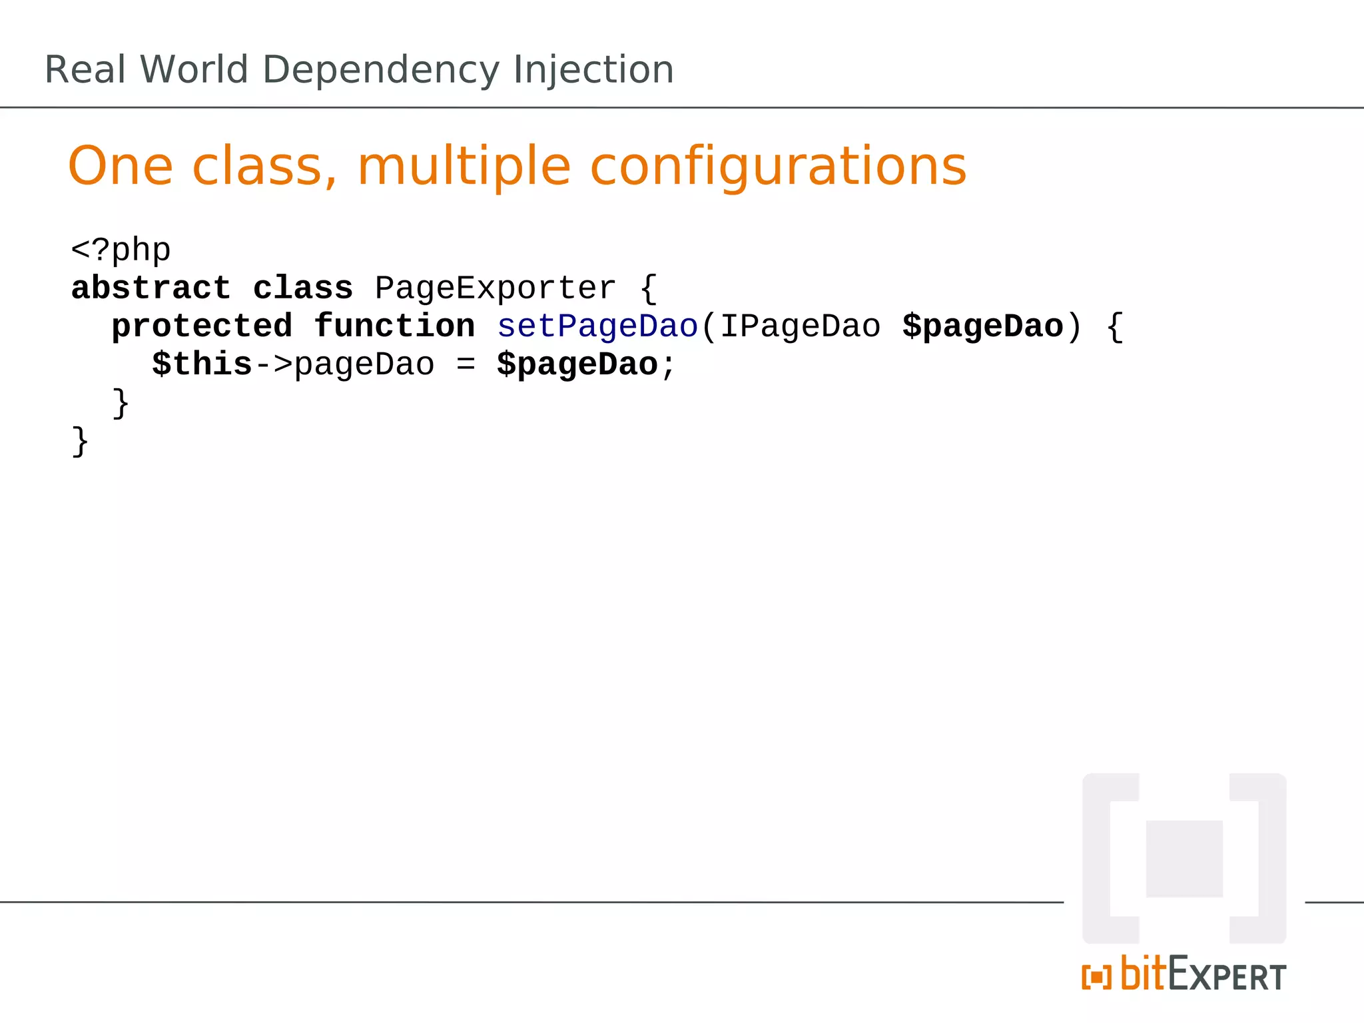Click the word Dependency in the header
tap(380, 70)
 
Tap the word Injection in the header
tap(593, 70)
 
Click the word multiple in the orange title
tap(464, 167)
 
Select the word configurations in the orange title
tap(778, 167)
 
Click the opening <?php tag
tap(121, 250)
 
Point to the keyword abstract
tap(151, 288)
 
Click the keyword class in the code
tap(303, 288)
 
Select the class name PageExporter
tap(495, 288)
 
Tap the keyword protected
tap(202, 326)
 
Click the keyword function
tap(394, 326)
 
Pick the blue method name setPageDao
tap(597, 326)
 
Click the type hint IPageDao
tap(800, 326)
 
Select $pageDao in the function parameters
tap(982, 326)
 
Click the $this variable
tap(202, 364)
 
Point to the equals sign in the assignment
tap(466, 364)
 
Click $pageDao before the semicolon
tap(577, 364)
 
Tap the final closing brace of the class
tap(80, 441)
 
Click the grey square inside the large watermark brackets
tap(1184, 858)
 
